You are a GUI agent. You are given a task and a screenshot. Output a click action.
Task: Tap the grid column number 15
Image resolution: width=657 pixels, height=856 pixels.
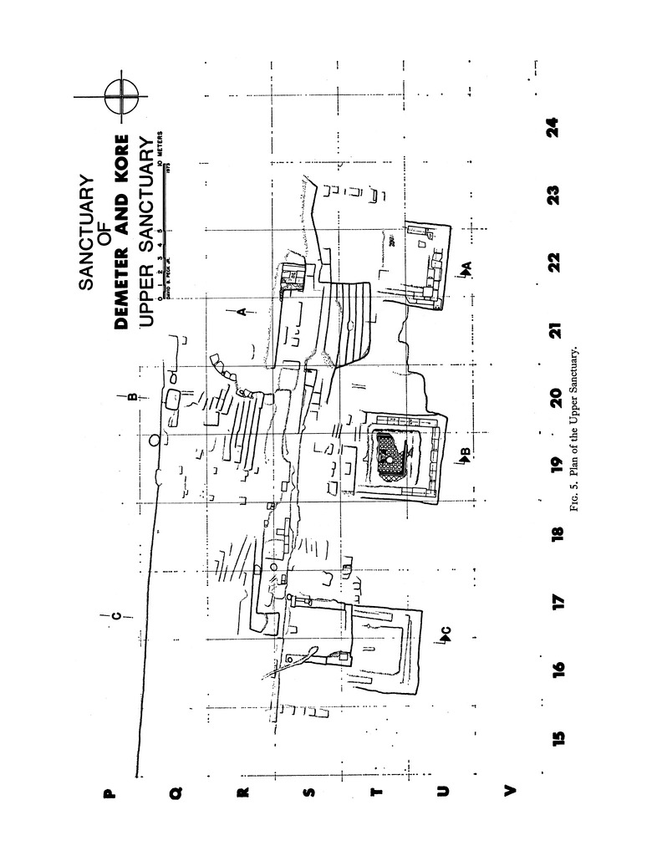(x=558, y=736)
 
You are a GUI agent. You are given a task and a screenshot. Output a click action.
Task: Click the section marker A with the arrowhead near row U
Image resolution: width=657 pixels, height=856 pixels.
(x=466, y=267)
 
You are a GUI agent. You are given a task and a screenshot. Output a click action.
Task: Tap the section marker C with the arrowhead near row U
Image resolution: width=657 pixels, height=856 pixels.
(x=445, y=635)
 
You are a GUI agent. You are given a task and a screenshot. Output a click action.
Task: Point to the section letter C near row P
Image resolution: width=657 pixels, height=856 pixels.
(x=116, y=617)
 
